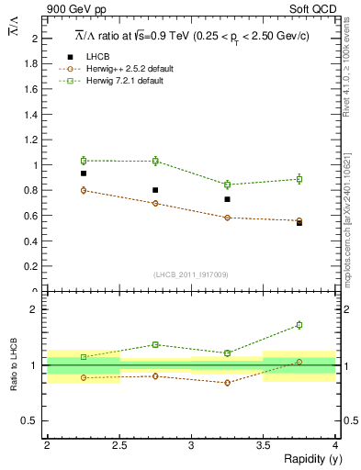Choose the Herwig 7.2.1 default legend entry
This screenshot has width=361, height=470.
point(124,81)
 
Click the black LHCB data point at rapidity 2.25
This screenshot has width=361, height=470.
point(84,173)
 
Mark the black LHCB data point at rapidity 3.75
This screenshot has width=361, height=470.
point(299,223)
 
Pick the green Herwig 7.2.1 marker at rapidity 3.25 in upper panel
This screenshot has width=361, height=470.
point(228,185)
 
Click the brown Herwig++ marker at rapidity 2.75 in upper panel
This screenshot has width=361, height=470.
point(155,203)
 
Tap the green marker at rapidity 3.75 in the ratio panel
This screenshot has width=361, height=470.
point(299,325)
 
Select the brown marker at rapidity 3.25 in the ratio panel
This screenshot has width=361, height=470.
point(228,382)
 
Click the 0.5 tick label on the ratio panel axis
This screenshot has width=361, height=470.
point(34,420)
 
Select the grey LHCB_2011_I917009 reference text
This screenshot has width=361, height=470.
point(191,274)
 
